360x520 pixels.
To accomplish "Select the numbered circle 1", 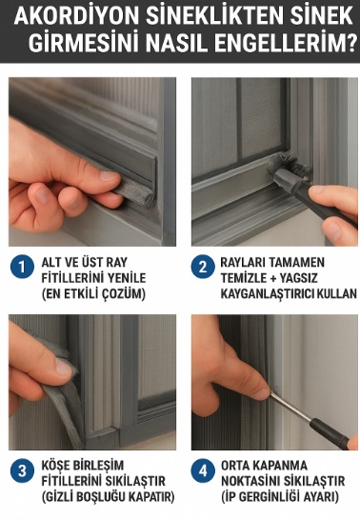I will pyautogui.click(x=21, y=268).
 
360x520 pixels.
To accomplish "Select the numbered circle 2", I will pyautogui.click(x=201, y=268).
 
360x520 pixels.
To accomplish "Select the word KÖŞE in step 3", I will pyautogui.click(x=56, y=464).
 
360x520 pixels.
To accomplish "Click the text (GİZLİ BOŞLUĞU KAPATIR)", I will pyautogui.click(x=107, y=496).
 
